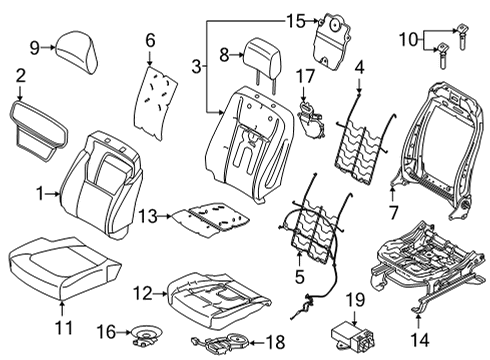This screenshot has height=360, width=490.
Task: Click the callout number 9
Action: pos(34,46)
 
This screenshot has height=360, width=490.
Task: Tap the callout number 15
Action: pos(293,20)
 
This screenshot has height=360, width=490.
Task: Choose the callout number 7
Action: pos(392,210)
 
